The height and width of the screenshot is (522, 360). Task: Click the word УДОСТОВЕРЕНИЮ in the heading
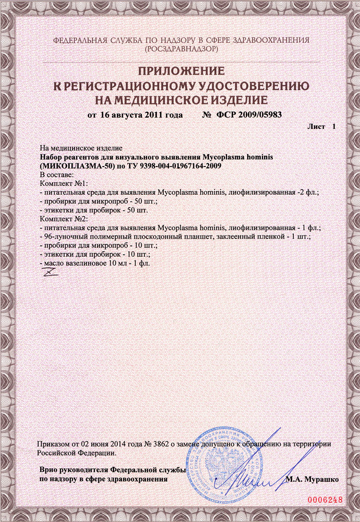pos(242,85)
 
